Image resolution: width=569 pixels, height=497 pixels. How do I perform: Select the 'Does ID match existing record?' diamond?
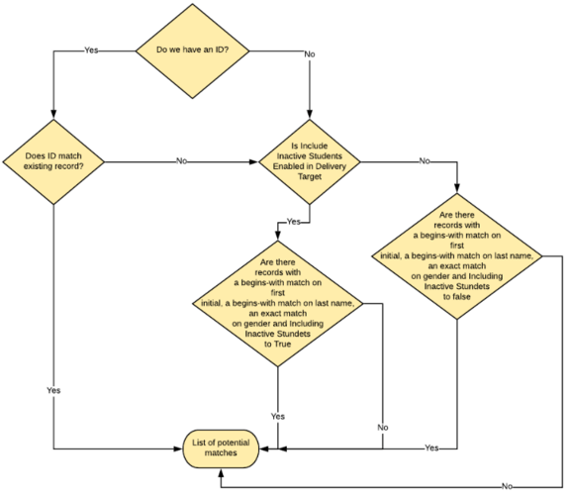(x=54, y=160)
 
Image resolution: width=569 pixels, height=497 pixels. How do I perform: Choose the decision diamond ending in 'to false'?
(x=458, y=259)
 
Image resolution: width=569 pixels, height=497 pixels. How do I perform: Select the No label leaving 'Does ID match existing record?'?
(x=182, y=160)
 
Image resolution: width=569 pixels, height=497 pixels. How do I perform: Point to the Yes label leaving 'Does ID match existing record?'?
(x=54, y=390)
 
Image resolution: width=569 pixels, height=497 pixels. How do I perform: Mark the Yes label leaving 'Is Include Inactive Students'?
(x=294, y=221)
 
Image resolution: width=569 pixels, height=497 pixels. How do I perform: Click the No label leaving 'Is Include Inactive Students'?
(x=424, y=160)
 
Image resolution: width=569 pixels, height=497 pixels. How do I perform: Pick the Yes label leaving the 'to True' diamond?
(x=277, y=416)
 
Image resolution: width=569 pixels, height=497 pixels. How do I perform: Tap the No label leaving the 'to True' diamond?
(x=382, y=427)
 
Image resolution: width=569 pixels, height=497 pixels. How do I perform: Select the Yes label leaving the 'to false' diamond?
(x=430, y=448)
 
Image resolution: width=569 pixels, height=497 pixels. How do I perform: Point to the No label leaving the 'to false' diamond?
(x=507, y=486)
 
